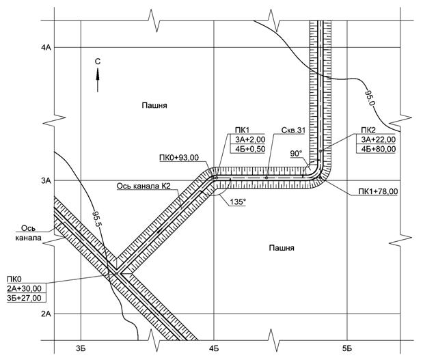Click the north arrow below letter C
(98, 81)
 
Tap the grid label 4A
(46, 48)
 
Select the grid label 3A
(46, 181)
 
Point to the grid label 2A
(46, 314)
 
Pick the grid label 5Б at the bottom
(347, 349)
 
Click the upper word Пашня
(154, 106)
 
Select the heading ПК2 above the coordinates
(368, 129)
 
